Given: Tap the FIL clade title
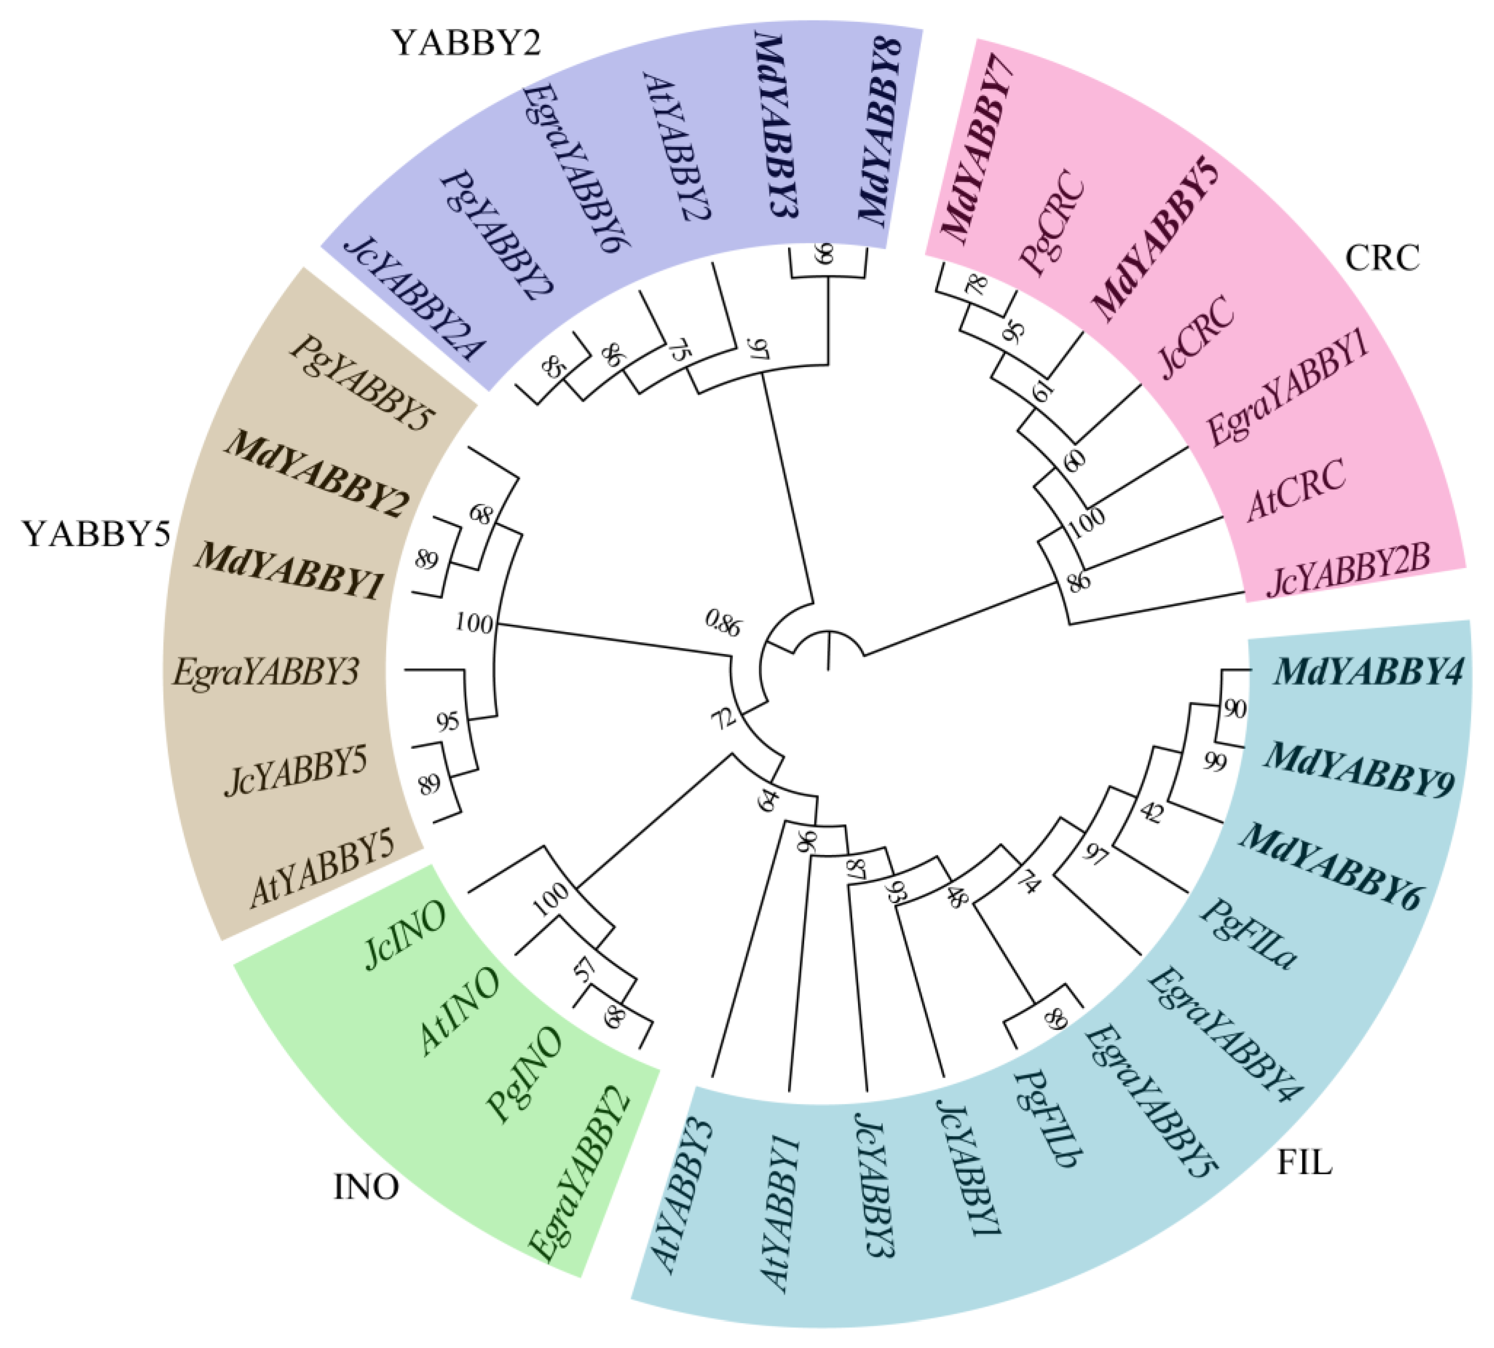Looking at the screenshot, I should click(1304, 1163).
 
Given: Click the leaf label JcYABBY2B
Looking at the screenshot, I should click(1348, 571).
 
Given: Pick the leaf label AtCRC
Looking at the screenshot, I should click(1296, 489).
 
